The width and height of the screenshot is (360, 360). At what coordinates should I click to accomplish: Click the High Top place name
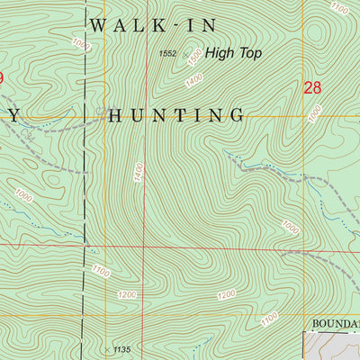point(233,54)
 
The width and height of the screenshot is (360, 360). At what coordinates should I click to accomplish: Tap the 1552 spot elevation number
point(167,54)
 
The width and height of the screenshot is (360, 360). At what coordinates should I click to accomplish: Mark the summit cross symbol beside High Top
point(188,55)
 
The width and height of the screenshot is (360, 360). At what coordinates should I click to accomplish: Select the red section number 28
point(312,87)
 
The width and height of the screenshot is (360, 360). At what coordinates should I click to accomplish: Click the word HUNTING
point(176,115)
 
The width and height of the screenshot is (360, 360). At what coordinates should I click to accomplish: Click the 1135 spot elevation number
point(123,350)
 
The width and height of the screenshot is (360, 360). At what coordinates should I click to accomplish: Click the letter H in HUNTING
point(114,115)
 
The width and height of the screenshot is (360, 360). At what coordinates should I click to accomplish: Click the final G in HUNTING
point(238,115)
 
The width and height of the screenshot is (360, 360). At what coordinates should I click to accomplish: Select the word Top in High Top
point(248,54)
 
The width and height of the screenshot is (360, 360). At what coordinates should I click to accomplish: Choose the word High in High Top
point(220,54)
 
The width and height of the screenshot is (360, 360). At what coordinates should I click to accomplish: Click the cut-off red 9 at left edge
point(2,79)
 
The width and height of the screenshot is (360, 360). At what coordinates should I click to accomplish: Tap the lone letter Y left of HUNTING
point(14,115)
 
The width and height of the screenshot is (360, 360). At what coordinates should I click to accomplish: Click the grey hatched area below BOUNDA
point(333,346)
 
